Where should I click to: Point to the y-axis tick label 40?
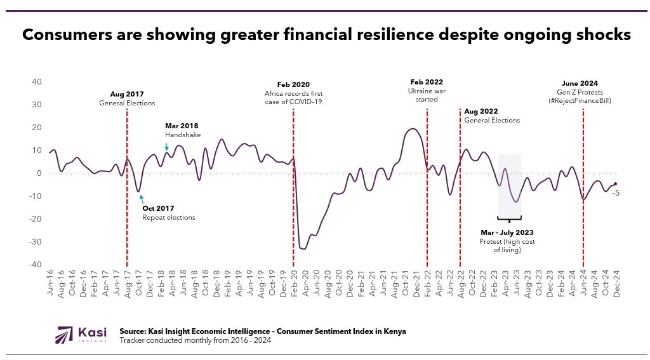(x=37, y=82)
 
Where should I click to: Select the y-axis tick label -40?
(x=35, y=265)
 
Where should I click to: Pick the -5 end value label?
(x=616, y=192)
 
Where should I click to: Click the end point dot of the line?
(x=615, y=184)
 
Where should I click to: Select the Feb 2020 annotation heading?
(x=293, y=84)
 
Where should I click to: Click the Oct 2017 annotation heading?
(x=158, y=208)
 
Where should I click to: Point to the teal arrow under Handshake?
(x=166, y=147)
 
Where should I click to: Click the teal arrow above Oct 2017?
(x=141, y=198)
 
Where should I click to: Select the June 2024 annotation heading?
(x=580, y=83)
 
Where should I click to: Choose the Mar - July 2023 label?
(x=507, y=232)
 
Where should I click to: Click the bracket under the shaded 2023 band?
(x=509, y=220)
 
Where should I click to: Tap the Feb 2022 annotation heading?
(x=427, y=82)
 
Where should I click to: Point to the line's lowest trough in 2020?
(x=303, y=248)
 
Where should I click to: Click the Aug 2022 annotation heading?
(x=481, y=111)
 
